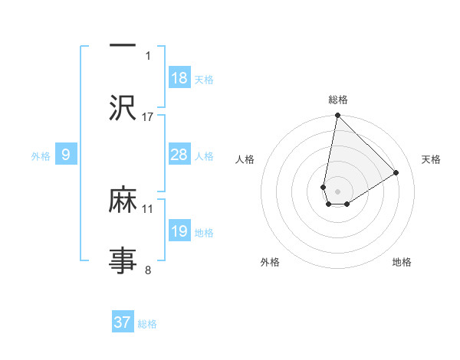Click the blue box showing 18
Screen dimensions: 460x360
179,78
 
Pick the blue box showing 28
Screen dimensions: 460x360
179,155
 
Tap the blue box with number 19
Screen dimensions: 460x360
179,231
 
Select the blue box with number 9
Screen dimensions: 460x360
66,155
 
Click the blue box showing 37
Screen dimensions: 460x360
123,322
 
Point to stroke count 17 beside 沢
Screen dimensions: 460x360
148,116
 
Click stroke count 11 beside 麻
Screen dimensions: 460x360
148,208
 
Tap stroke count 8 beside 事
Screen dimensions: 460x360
148,270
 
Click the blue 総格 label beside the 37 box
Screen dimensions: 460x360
147,324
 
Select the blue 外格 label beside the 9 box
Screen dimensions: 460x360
41,156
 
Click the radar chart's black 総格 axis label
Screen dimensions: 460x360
337,100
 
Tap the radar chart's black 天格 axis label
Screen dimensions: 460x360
432,159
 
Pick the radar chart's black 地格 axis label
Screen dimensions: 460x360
402,262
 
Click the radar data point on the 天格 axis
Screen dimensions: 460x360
396,173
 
